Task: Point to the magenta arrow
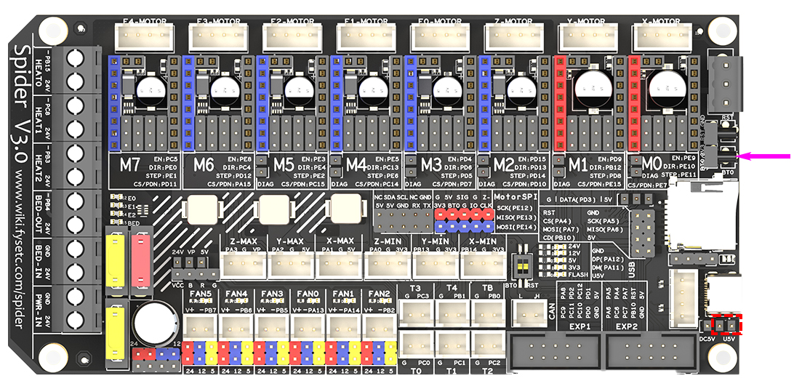click(x=763, y=155)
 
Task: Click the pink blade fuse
click(x=142, y=260)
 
